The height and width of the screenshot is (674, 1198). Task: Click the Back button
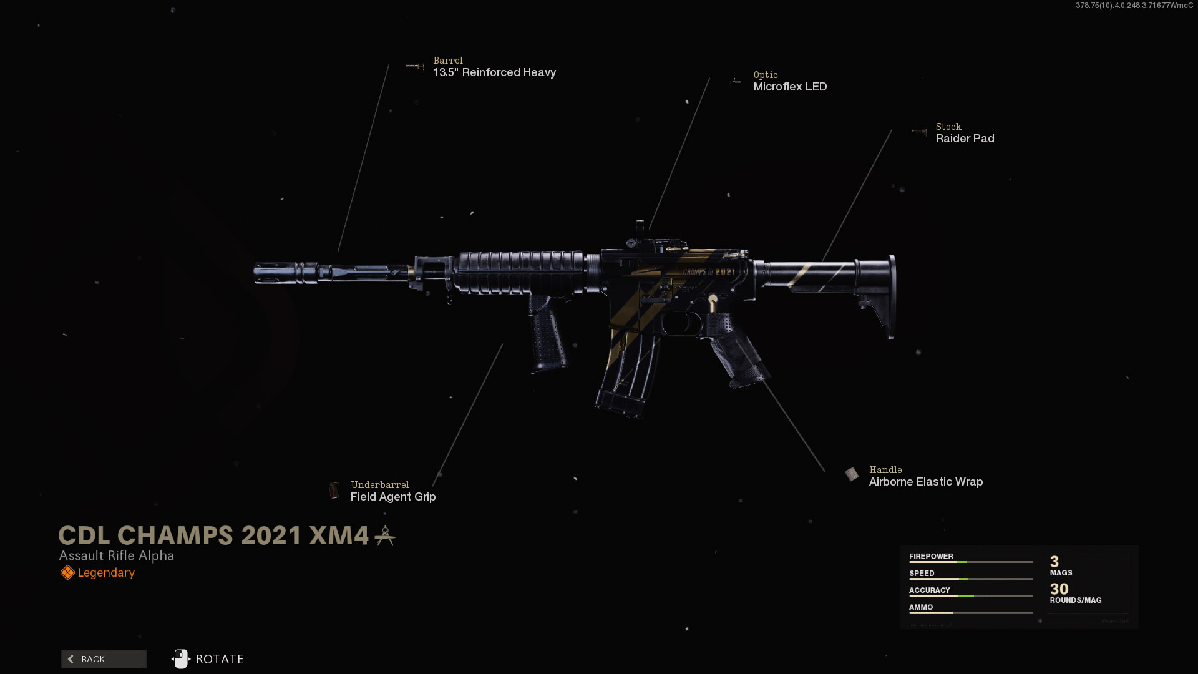[x=104, y=659]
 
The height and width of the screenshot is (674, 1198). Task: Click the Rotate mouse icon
[x=180, y=659]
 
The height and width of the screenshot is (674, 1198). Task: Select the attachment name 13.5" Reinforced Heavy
[x=494, y=72]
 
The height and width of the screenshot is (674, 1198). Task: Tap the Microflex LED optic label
[x=790, y=87]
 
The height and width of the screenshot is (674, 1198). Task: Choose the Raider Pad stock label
[x=965, y=139]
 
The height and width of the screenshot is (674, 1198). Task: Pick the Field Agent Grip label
[x=393, y=497]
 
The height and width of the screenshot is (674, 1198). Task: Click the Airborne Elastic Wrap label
[x=926, y=482]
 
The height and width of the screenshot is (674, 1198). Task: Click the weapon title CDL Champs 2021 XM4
[x=213, y=535]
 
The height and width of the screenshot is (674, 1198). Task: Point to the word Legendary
[x=106, y=573]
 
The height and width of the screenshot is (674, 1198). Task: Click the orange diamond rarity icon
[x=67, y=572]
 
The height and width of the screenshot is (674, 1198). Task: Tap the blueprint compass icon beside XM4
[x=385, y=535]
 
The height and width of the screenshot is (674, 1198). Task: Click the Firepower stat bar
[x=971, y=562]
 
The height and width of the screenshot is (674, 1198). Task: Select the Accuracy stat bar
[x=971, y=595]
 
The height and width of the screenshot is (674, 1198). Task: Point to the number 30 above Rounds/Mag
[x=1059, y=589]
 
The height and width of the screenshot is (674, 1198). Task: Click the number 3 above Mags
[x=1054, y=562]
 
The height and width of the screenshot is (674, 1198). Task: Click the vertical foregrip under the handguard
[x=547, y=334]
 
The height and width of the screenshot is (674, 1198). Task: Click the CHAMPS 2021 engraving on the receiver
[x=709, y=272]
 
